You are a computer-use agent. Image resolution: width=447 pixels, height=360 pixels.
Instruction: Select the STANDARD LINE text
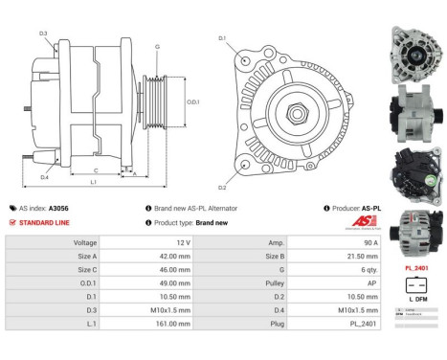[x=44, y=222]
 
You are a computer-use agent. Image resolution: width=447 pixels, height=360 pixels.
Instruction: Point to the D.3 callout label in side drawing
[x=44, y=34]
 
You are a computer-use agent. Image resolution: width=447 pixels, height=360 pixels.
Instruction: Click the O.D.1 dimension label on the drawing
[x=191, y=102]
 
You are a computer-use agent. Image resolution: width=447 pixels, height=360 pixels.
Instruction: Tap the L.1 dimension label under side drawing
[x=94, y=181]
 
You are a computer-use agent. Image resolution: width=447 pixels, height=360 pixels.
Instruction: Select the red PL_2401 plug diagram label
[x=414, y=269]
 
